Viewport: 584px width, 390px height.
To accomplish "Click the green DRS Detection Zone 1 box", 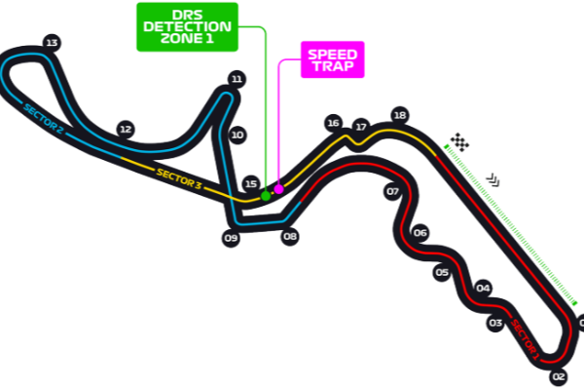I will pyautogui.click(x=185, y=26).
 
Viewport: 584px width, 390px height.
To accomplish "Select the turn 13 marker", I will pyautogui.click(x=52, y=42).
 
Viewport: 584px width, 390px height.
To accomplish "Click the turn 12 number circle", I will pyautogui.click(x=124, y=128).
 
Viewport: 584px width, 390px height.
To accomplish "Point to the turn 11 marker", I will pyautogui.click(x=236, y=78).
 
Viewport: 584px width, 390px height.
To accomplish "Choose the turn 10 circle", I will pyautogui.click(x=237, y=135).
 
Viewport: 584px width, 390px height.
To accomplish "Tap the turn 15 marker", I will pyautogui.click(x=251, y=183).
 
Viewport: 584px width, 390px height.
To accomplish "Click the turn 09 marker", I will pyautogui.click(x=231, y=238).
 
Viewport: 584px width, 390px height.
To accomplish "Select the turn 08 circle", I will pyautogui.click(x=289, y=235).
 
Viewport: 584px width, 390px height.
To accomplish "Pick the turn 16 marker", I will pyautogui.click(x=333, y=123).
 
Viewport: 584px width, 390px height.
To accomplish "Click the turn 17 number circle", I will pyautogui.click(x=360, y=127).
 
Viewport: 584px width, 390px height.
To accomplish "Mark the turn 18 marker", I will pyautogui.click(x=399, y=114).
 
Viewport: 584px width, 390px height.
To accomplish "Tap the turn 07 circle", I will pyautogui.click(x=393, y=192).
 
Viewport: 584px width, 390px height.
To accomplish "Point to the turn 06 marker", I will pyautogui.click(x=420, y=233).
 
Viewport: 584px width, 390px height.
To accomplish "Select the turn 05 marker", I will pyautogui.click(x=442, y=273).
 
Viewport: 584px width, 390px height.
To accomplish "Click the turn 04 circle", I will pyautogui.click(x=483, y=288).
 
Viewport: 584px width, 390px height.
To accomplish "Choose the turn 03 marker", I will pyautogui.click(x=494, y=323).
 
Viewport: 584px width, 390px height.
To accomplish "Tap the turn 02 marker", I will pyautogui.click(x=558, y=376).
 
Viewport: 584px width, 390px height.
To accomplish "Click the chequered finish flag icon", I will pyautogui.click(x=459, y=142).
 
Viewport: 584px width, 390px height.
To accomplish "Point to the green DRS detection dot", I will pyautogui.click(x=265, y=195).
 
